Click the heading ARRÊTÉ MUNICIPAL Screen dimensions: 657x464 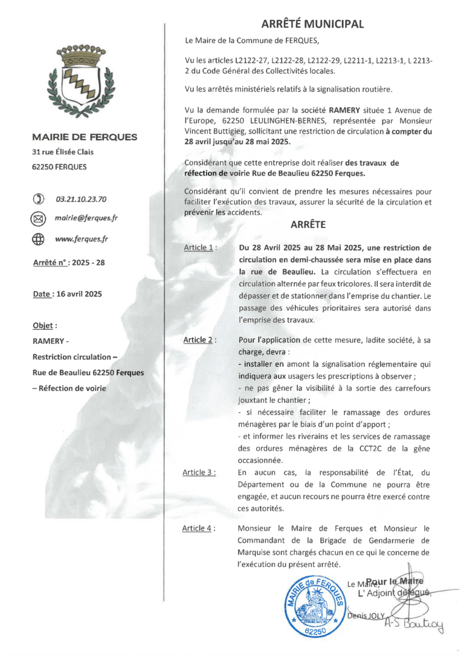pos(312,24)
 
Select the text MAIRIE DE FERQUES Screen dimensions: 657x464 pos(85,137)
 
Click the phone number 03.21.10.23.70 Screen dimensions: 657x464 pos(81,198)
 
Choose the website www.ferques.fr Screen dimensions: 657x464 pos(82,239)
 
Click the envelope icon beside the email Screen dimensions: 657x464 pos(39,218)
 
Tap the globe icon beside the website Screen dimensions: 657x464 pos(39,239)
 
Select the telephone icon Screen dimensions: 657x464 pos(39,198)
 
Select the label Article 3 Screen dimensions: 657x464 pos(199,472)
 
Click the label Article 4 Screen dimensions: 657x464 pos(199,528)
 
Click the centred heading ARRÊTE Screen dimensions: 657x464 pos(308,224)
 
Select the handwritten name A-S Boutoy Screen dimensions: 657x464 pos(414,623)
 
